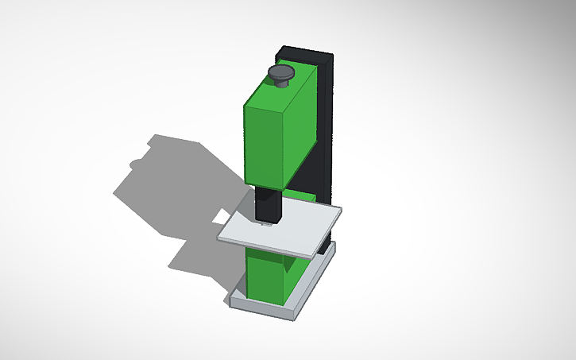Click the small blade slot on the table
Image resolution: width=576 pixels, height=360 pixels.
(x=265, y=226)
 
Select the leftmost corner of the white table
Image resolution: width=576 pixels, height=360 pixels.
(x=219, y=239)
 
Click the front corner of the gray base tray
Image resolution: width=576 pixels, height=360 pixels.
(x=291, y=315)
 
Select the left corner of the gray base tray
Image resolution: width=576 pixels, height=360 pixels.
(x=230, y=300)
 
